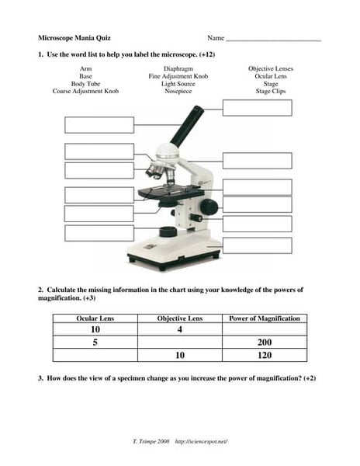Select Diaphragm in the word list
click(178, 68)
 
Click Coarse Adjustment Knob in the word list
click(85, 91)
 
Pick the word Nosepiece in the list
click(178, 91)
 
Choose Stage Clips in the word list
click(270, 91)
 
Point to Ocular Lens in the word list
click(270, 76)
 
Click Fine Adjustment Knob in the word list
click(178, 76)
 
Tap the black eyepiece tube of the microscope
click(185, 125)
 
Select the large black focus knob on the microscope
click(209, 207)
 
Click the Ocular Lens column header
click(95, 318)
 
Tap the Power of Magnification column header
click(265, 318)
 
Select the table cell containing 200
click(265, 343)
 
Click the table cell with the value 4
click(179, 330)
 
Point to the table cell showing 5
click(95, 343)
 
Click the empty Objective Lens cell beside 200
click(179, 343)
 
